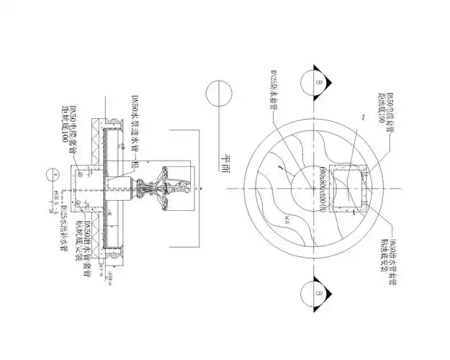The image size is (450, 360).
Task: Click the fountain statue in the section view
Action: pos(173,189)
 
